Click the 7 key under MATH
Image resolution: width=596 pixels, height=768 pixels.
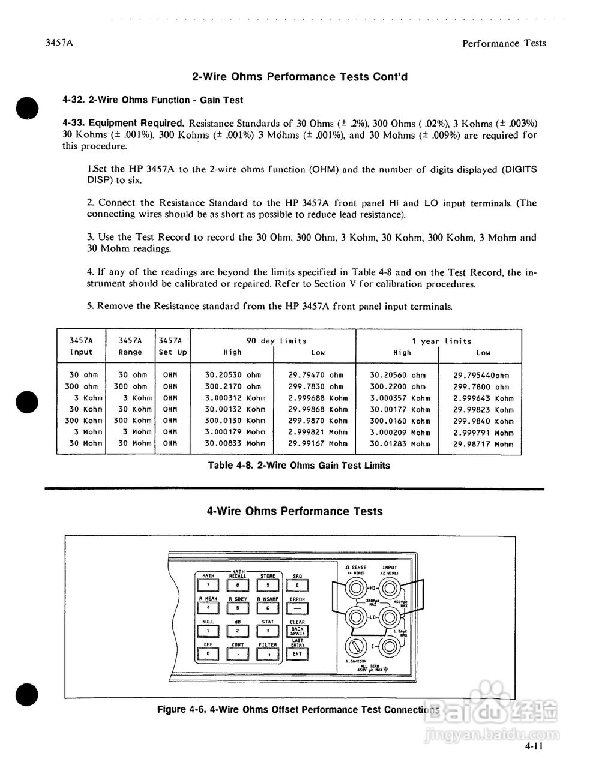pos(208,586)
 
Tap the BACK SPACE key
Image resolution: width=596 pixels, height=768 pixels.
pos(298,631)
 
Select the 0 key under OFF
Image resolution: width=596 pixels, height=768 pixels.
pos(208,653)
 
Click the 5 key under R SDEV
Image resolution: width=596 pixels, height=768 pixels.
pos(238,608)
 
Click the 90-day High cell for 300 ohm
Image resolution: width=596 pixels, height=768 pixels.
pos(233,387)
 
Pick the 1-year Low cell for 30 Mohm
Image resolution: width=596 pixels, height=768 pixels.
pos(483,444)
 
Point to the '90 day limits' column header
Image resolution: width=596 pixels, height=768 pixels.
pos(276,341)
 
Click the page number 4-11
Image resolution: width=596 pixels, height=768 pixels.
pos(533,747)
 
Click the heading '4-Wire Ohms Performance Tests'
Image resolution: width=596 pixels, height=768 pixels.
pos(295,511)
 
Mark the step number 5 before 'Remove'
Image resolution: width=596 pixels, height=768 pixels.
pos(90,306)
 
